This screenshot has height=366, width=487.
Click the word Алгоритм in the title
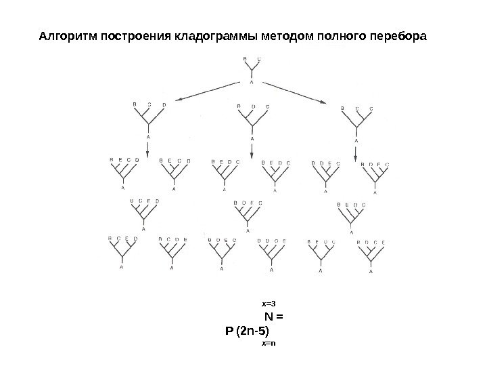(68, 36)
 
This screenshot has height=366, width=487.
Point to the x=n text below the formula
(269, 344)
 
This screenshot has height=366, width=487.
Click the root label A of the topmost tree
(252, 82)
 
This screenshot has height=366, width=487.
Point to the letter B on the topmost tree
(245, 59)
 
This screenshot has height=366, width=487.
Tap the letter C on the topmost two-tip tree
(260, 59)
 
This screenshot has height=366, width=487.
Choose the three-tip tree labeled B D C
(252, 119)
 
